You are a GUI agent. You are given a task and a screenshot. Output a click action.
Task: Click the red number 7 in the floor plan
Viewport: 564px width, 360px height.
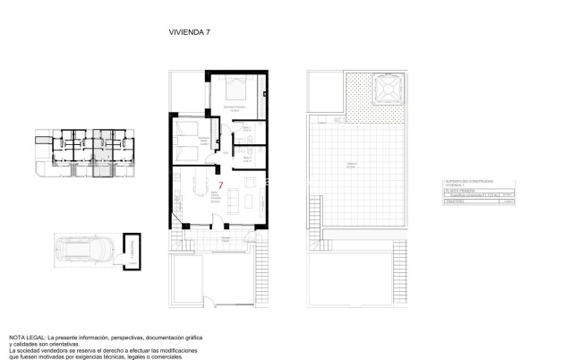pos(220,186)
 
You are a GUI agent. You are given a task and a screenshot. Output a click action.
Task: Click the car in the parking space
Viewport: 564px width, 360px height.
pos(84,248)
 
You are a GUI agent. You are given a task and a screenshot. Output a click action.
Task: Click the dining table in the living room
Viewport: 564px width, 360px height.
pos(194,189)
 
